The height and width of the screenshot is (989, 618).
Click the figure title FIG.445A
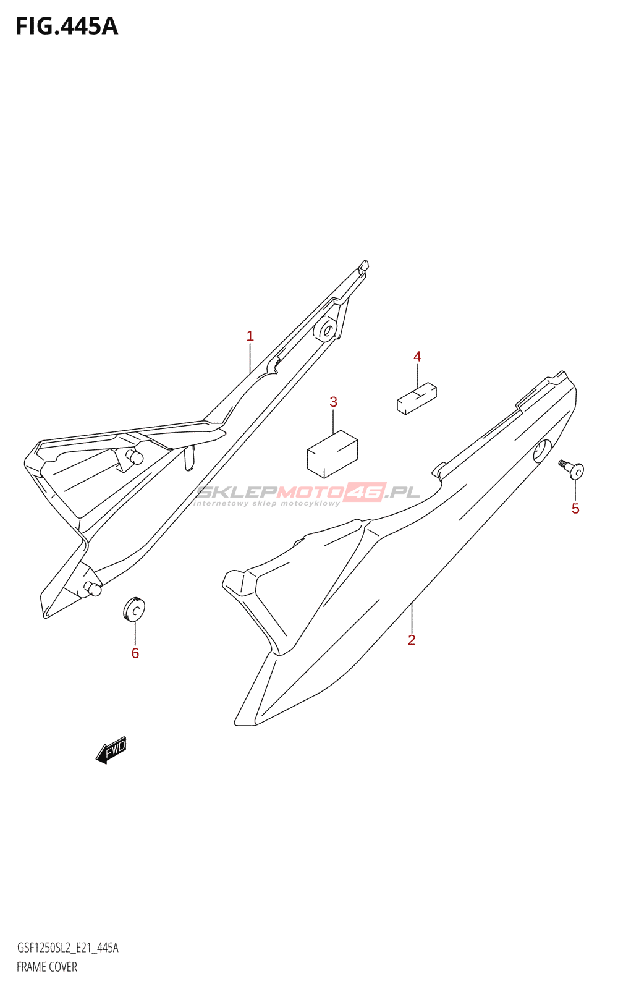pyautogui.click(x=67, y=27)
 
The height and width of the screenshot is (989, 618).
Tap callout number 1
pyautogui.click(x=250, y=336)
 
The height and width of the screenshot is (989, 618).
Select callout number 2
pyautogui.click(x=412, y=640)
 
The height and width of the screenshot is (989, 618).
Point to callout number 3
pyautogui.click(x=333, y=402)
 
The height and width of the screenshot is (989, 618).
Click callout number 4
pyautogui.click(x=417, y=357)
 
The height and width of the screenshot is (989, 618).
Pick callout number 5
pyautogui.click(x=575, y=509)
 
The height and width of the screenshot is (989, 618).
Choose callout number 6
pyautogui.click(x=135, y=653)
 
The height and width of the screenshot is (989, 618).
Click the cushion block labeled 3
pyautogui.click(x=332, y=454)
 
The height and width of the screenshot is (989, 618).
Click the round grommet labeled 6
pyautogui.click(x=134, y=609)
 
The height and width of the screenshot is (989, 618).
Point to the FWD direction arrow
pyautogui.click(x=112, y=750)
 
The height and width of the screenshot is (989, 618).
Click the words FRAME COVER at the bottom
pyautogui.click(x=47, y=967)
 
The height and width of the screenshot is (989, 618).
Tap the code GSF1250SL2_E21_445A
pyautogui.click(x=67, y=948)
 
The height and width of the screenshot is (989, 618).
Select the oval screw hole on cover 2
pyautogui.click(x=542, y=451)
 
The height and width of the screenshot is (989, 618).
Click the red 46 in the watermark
pyautogui.click(x=365, y=492)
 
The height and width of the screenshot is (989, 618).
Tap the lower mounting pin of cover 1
pyautogui.click(x=93, y=589)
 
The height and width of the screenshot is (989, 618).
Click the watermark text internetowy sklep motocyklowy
pyautogui.click(x=266, y=503)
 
